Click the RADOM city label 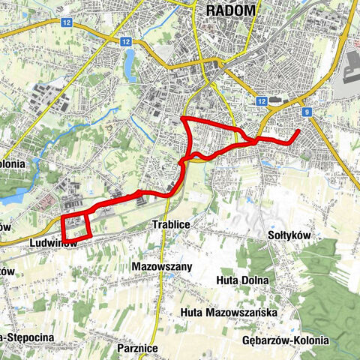click(x=229, y=10)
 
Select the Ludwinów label click(x=54, y=244)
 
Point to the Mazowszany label click(x=161, y=266)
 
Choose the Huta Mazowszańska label click(x=229, y=312)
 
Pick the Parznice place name click(x=138, y=348)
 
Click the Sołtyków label click(x=289, y=235)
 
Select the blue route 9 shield click(x=307, y=112)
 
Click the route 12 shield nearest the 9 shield click(x=261, y=100)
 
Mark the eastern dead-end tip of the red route click(x=299, y=131)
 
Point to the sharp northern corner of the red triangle click(x=183, y=119)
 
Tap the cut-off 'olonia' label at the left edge click(x=13, y=163)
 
